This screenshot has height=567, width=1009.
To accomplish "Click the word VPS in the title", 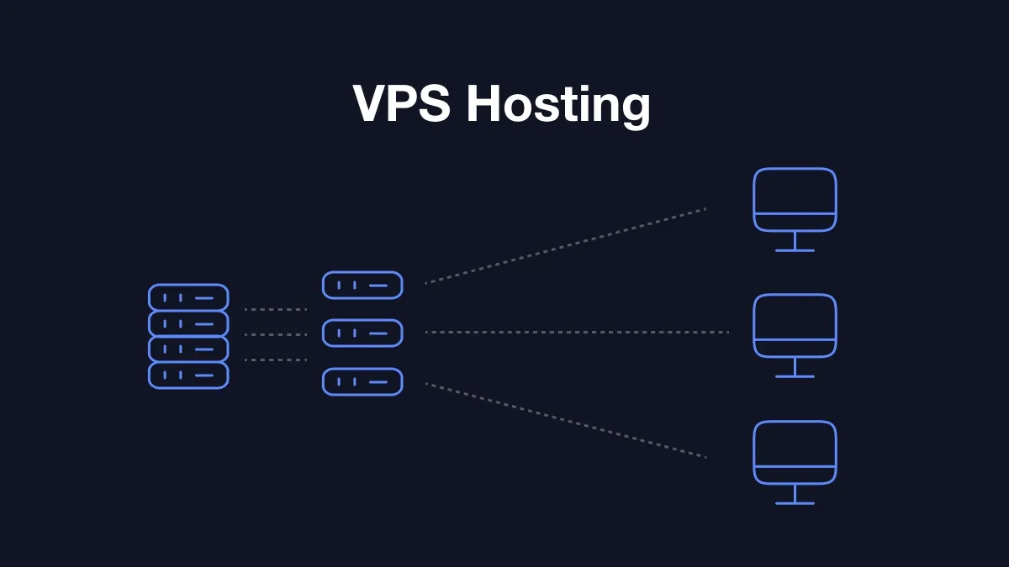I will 402,104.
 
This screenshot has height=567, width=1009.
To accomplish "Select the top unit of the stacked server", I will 188,297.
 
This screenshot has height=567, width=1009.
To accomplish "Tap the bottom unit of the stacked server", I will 188,375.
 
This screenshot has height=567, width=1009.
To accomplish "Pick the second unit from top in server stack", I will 188,323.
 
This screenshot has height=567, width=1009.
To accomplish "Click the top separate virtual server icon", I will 362,286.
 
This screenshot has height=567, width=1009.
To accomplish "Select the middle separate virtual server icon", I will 362,333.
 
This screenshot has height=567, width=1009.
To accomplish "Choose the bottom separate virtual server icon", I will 362,381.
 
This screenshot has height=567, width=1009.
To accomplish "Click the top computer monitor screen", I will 795,192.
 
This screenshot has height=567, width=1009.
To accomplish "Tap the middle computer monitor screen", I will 795,318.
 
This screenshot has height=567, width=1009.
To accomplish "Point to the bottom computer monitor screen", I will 795,444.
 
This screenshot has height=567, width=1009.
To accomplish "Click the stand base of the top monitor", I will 795,249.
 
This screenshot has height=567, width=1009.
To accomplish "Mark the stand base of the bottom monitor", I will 795,502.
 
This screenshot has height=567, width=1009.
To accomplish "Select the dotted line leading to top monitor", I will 565,245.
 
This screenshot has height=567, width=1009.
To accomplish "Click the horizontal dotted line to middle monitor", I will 577,333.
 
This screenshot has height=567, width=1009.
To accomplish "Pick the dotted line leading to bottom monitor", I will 565,420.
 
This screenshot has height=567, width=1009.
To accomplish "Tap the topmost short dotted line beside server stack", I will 276,309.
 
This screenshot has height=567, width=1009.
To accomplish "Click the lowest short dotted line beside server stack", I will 276,360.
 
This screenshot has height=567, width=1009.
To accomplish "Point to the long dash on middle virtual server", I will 378,333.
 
